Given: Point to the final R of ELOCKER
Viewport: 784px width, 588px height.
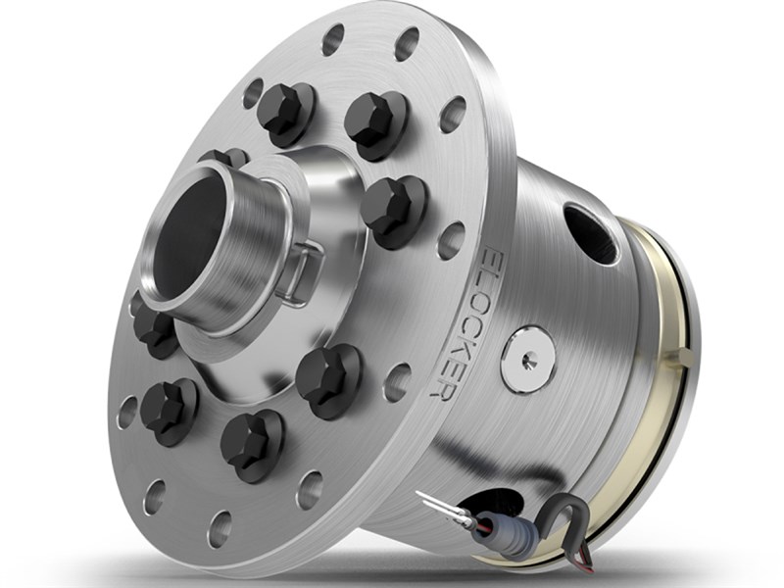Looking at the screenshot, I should point(447,387).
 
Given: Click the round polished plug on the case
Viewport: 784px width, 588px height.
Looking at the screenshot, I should point(529,359).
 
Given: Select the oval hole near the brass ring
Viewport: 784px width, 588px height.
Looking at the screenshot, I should point(591,232).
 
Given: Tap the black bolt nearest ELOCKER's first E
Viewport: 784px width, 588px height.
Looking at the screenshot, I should point(391,207).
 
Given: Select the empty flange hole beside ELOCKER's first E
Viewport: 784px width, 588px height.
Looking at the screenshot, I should point(452,239).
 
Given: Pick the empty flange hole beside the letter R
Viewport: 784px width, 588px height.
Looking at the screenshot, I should point(396,382).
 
